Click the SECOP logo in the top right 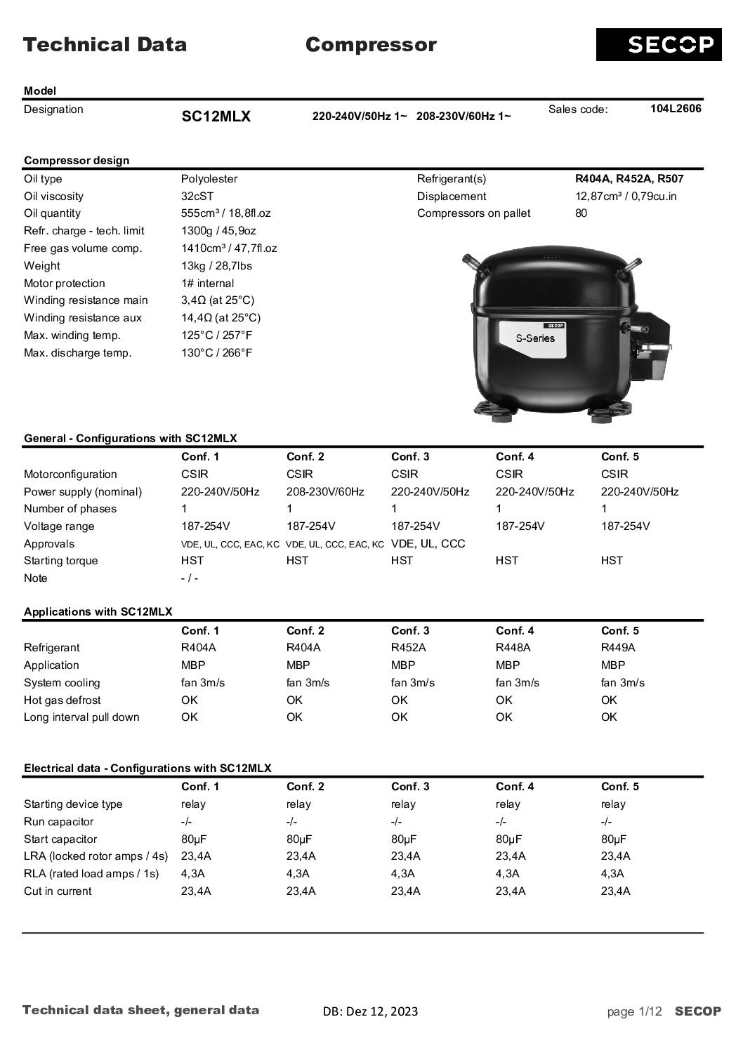tap(658, 45)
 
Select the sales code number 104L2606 tap(676, 108)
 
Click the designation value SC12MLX tap(216, 117)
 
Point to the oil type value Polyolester tap(209, 179)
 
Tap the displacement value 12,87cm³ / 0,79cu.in tap(626, 197)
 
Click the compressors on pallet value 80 tap(581, 213)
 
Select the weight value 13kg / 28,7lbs tap(216, 266)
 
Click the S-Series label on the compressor tap(535, 338)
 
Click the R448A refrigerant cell tap(513, 648)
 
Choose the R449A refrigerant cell tap(618, 648)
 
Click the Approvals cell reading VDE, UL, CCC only tap(428, 544)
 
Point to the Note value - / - tap(190, 578)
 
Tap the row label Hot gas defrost tap(62, 700)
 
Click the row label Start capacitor tap(60, 839)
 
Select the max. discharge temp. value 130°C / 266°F tap(216, 353)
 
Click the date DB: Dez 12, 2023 tap(370, 1011)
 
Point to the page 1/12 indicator tap(635, 1011)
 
